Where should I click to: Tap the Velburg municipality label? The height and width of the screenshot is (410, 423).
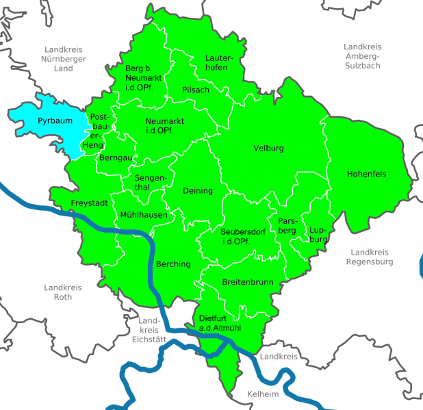pos(268,149)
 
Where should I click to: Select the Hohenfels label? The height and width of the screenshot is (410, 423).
pos(366,174)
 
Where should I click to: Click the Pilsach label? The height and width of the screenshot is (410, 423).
pos(196,90)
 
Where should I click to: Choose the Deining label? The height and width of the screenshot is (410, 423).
pos(198,191)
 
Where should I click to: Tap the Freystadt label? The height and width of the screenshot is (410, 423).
pos(88,204)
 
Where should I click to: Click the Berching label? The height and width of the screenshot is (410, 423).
pos(174,264)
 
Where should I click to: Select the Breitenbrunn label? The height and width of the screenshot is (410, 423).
pos(248,282)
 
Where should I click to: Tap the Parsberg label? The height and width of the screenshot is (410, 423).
pos(287,225)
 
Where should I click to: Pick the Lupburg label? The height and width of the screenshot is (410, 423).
pos(319,234)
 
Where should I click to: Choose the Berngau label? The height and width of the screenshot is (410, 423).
pos(115,157)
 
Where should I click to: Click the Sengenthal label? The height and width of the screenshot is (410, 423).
pos(150,183)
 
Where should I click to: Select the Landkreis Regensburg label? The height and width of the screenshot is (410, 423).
pos(370,257)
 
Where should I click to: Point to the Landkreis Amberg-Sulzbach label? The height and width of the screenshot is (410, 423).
pos(363,55)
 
